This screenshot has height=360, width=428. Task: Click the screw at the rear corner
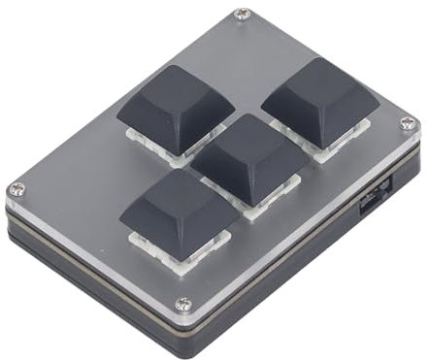tap(242, 15)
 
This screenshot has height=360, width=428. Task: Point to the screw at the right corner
tap(408, 123)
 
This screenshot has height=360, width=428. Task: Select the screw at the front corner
tap(183, 305)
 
